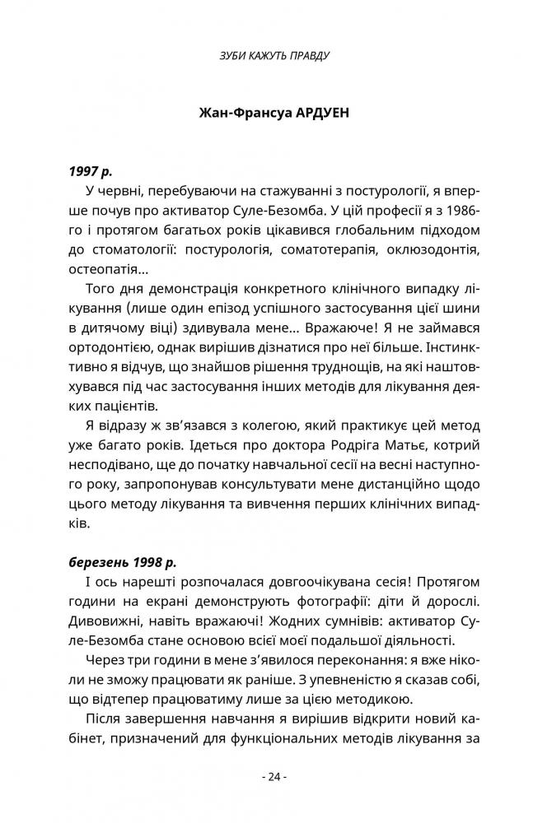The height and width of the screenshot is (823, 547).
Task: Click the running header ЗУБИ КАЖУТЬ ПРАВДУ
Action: [x=273, y=57]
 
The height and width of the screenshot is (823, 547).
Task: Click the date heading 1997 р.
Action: [x=91, y=174]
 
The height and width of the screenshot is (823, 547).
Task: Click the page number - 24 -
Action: [x=273, y=775]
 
